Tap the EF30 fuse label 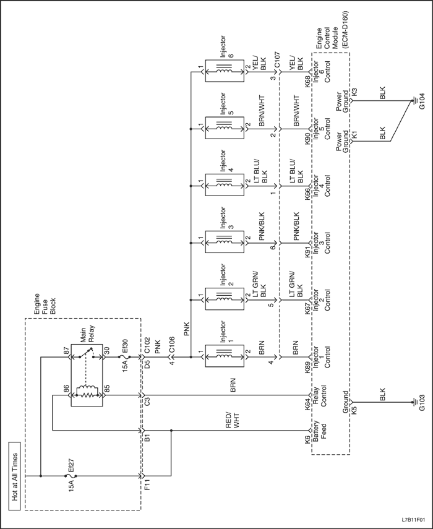[125, 348]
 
